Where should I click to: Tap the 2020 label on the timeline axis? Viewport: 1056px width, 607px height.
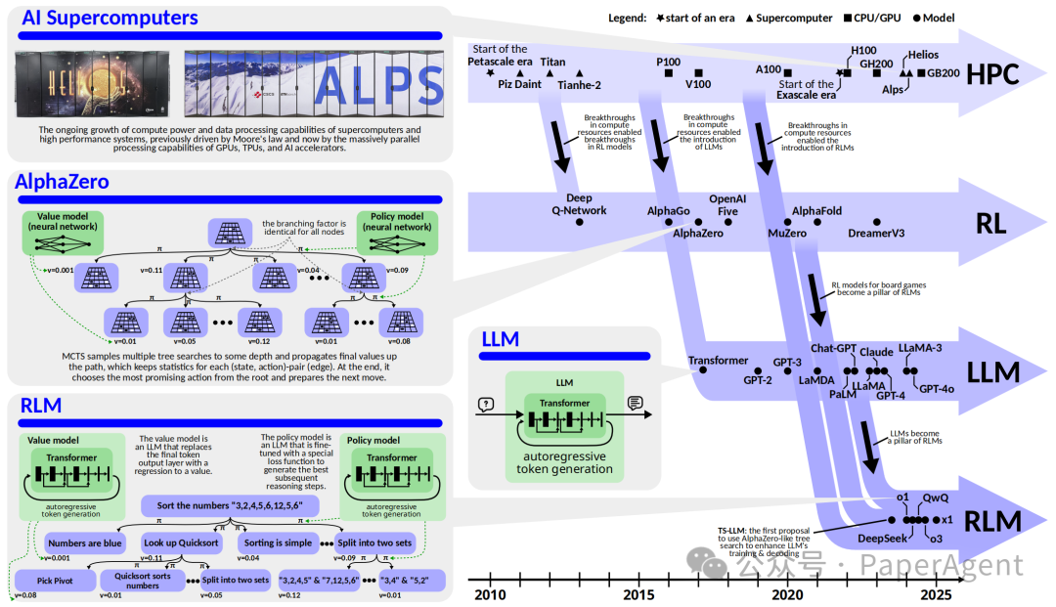tap(787, 594)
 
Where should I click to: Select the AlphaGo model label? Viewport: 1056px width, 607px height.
tap(669, 210)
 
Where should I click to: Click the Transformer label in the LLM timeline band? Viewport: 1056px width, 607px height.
tap(718, 360)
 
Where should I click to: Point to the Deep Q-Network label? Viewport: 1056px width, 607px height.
tap(579, 204)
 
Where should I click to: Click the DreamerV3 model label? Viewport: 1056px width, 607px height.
tap(877, 233)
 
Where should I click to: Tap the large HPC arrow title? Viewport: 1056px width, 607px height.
tap(991, 73)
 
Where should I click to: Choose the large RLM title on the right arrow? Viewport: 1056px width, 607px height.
tap(992, 519)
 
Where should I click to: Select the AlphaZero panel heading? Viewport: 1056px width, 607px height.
tap(62, 182)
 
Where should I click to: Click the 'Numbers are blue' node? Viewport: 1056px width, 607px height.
tap(84, 542)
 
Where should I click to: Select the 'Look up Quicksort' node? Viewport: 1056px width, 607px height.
tap(180, 542)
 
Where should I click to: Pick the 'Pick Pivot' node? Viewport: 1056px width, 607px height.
tap(56, 581)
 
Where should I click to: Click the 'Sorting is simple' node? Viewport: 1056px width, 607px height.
tap(279, 542)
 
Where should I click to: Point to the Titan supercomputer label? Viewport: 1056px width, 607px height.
tap(552, 62)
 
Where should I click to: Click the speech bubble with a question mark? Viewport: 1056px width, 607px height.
tap(485, 403)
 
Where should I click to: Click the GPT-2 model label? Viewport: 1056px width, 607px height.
tap(758, 379)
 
